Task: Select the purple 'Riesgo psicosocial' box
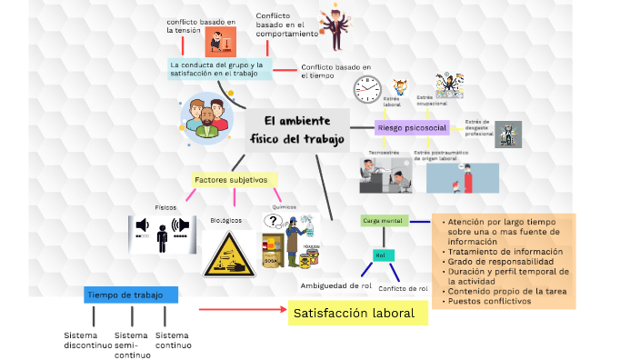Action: [x=412, y=128]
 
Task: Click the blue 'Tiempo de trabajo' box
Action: [x=131, y=295]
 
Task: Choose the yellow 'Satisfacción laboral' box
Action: [x=358, y=314]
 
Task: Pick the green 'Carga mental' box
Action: [x=383, y=221]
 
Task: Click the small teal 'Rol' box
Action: [x=383, y=255]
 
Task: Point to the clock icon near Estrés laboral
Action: [x=367, y=88]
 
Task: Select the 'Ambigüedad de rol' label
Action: [x=336, y=285]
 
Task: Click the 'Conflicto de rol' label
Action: [x=403, y=288]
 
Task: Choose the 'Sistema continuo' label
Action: [x=173, y=340]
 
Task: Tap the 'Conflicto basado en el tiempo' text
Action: [x=335, y=71]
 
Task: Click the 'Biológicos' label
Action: [x=226, y=221]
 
